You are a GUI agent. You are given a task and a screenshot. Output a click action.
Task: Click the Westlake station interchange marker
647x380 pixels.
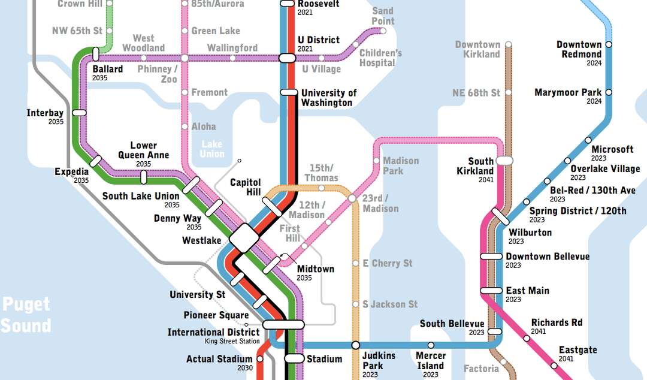244,238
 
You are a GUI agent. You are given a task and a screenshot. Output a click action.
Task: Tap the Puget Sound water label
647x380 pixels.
26,315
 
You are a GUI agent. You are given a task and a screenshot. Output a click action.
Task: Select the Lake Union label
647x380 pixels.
211,149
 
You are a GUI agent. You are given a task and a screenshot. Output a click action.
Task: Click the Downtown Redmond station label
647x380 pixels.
579,49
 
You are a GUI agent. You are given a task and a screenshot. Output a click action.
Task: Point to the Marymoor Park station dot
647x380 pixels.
609,92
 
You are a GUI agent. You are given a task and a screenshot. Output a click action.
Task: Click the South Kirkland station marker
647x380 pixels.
504,161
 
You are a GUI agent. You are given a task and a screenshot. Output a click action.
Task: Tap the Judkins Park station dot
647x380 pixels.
355,345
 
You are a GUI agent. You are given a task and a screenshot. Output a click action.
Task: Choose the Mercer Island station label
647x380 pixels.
431,361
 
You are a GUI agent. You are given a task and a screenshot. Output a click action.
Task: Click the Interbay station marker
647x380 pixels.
79,112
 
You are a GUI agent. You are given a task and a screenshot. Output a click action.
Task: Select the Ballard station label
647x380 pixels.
108,69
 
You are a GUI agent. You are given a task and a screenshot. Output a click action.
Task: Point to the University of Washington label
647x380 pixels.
328,98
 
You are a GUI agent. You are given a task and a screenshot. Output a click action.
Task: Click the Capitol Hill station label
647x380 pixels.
246,187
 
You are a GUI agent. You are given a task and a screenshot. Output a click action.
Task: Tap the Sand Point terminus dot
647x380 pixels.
383,31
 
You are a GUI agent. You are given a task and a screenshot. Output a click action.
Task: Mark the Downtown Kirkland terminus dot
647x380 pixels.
508,44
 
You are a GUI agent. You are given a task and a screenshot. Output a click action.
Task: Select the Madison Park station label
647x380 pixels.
401,165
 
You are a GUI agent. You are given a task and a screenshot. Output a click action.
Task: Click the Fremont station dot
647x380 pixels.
185,92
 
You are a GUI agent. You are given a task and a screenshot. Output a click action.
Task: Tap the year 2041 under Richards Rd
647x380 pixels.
539,331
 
